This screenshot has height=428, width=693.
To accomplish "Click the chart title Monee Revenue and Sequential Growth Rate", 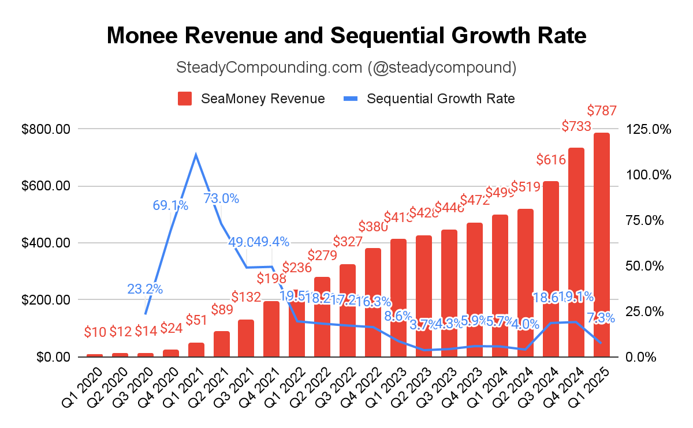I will (346, 36).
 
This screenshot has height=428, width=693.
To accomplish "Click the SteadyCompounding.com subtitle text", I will (346, 67).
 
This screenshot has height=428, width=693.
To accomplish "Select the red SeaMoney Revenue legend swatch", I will (185, 99).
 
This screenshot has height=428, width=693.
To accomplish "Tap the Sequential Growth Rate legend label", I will (441, 99).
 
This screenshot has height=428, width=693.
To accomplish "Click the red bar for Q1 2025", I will (602, 245).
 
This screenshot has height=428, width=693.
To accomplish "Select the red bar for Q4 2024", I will (576, 253).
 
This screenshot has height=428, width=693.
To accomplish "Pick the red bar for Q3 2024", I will (551, 269).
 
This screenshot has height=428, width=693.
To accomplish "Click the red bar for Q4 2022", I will (373, 303).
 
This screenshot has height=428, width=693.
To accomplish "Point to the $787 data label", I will (602, 110).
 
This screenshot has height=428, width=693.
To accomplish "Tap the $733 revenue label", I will (576, 126).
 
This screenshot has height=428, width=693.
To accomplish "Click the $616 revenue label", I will (551, 159).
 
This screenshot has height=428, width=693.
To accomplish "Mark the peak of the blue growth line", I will (196, 155).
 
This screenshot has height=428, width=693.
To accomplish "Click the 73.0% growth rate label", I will (221, 198).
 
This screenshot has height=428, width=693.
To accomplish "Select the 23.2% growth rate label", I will (145, 289).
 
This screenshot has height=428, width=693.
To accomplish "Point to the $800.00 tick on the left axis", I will (46, 129).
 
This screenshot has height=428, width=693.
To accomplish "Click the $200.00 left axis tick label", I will (46, 300).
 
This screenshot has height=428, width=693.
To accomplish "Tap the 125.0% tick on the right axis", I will (649, 129).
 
